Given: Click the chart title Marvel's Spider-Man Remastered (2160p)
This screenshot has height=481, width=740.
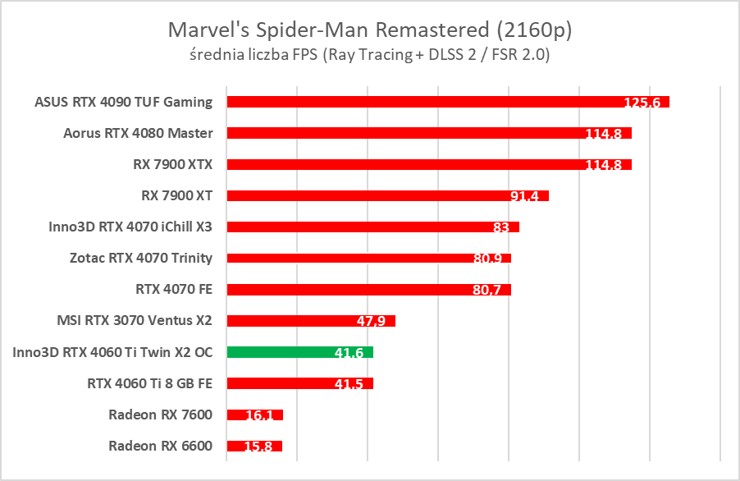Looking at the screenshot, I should [369, 30].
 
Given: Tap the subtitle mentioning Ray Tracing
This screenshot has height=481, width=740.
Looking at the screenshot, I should [369, 56].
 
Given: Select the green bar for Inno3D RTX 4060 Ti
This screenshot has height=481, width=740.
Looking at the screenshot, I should [299, 352].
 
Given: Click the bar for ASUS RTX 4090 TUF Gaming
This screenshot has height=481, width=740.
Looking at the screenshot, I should [418, 102].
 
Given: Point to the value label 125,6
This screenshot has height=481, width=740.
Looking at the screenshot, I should [645, 102].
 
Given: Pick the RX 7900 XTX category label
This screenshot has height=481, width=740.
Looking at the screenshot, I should [172, 164].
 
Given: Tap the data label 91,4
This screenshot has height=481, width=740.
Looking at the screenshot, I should [526, 195].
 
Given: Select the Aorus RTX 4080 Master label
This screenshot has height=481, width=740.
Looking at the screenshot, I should [138, 133].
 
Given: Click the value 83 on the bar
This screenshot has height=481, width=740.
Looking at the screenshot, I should [501, 227].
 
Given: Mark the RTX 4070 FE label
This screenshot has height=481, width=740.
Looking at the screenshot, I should [173, 289].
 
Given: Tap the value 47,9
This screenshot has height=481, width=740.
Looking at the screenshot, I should [372, 320].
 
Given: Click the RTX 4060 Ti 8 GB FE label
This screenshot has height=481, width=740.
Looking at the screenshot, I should [149, 383].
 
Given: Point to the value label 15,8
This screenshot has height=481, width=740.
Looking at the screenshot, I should [259, 446].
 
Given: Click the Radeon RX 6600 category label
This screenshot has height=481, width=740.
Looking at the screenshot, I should [160, 446].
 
